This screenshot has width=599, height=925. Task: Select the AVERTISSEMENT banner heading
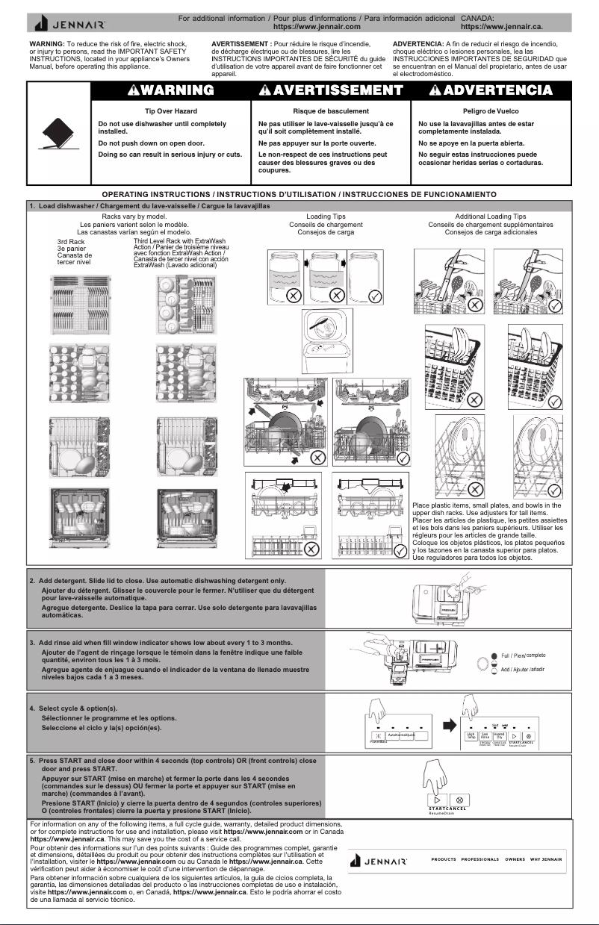click(331, 90)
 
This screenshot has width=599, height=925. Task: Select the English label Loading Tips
click(326, 217)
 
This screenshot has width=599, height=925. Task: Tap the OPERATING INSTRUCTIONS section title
click(299, 194)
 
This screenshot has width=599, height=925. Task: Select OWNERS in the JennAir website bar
click(515, 859)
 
